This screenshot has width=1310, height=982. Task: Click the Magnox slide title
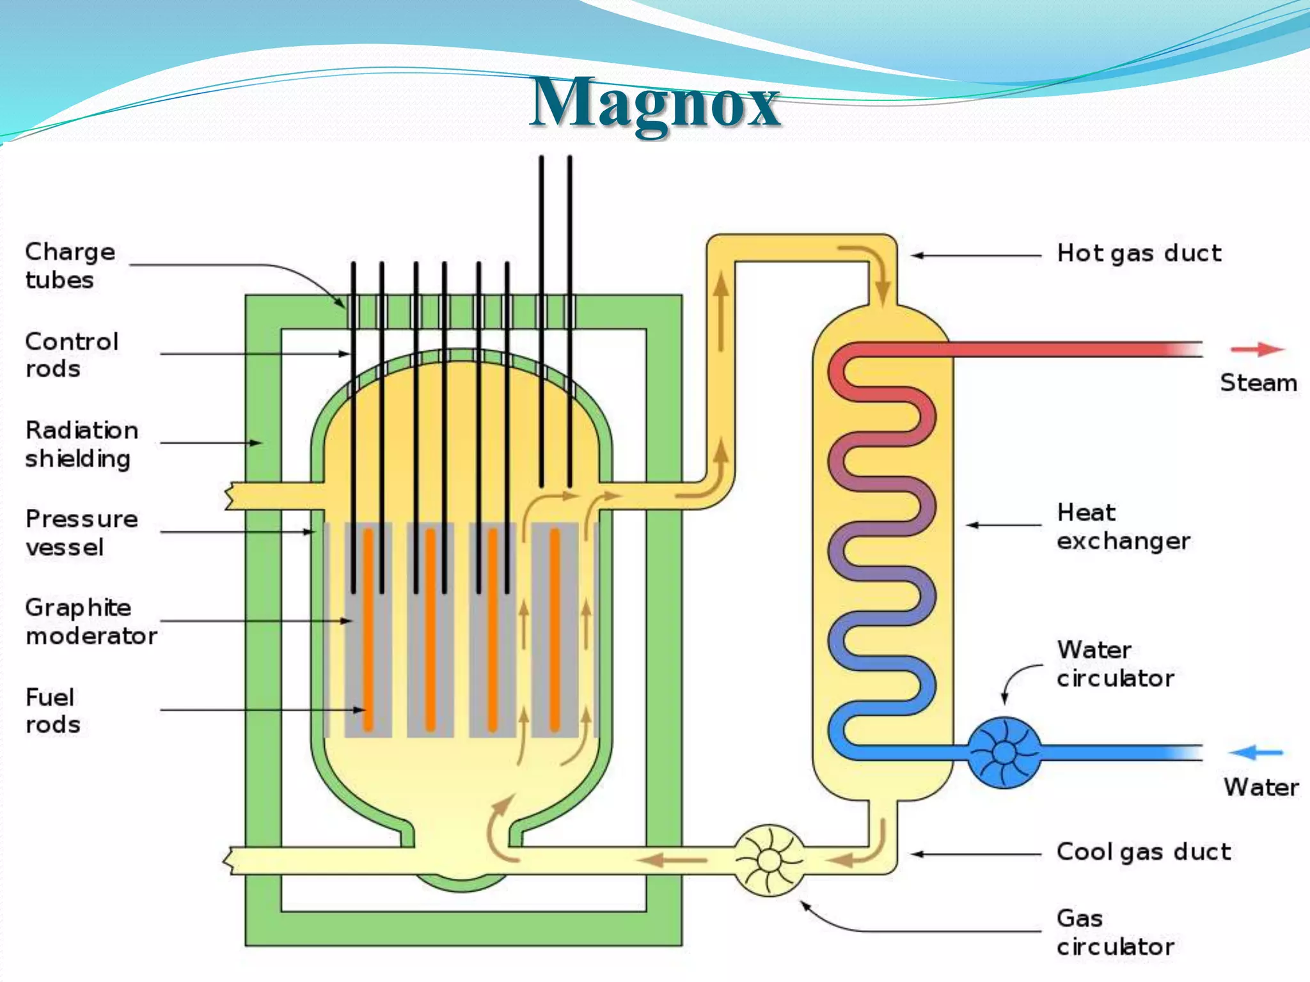655,102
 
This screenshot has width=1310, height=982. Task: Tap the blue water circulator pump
1004,752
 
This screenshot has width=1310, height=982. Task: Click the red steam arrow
1257,349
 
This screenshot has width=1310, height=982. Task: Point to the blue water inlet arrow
1256,752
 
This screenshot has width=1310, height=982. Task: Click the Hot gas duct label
1139,253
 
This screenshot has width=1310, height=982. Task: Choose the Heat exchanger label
1123,526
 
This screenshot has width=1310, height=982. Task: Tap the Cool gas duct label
1143,852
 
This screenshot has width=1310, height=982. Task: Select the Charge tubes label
70,265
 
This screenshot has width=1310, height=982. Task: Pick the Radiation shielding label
81,444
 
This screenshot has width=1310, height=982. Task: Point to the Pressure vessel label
81,533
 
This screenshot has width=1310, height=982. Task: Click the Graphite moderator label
90,621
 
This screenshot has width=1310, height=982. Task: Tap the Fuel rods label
52,710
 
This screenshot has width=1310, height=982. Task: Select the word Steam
1258,383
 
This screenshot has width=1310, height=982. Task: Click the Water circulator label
1115,664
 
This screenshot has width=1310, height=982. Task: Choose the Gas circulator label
1115,932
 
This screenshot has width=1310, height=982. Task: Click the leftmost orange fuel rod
368,630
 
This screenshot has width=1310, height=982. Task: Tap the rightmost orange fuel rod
555,630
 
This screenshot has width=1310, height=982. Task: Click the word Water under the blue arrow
1261,787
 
